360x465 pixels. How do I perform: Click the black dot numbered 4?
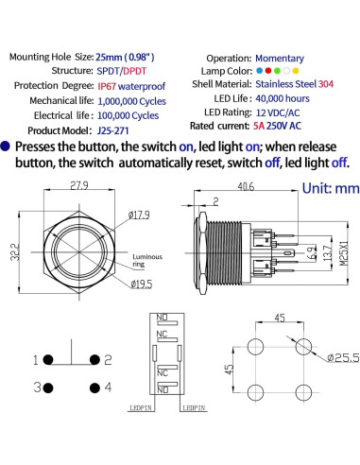pyautogui.click(x=94, y=387)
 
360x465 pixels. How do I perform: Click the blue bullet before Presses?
pyautogui.click(x=9, y=147)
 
